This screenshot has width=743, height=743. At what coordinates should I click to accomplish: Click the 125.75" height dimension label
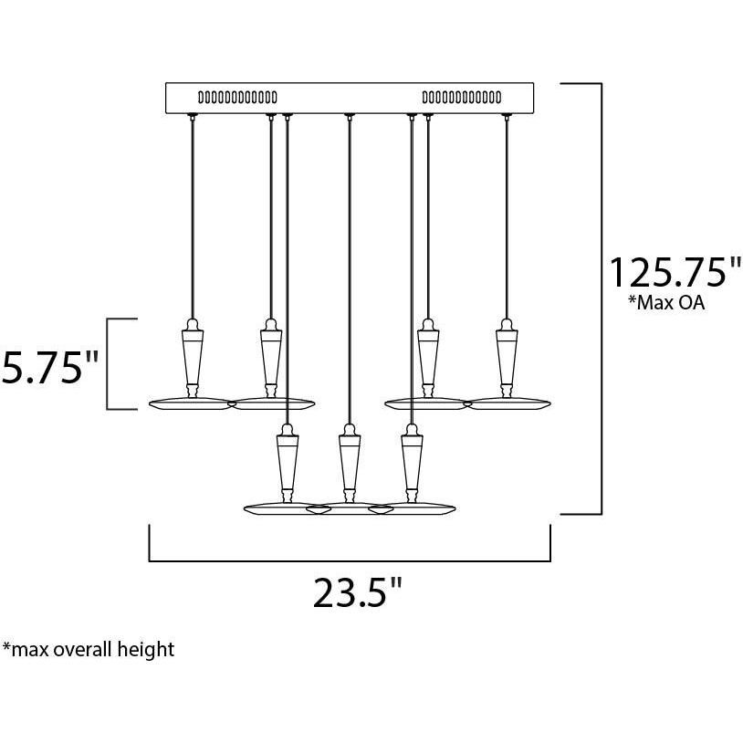tap(675, 272)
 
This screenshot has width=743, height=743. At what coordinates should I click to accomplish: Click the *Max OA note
tap(665, 304)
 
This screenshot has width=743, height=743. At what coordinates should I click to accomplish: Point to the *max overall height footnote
tap(89, 650)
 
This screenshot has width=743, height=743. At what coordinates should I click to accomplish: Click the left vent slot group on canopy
tap(237, 96)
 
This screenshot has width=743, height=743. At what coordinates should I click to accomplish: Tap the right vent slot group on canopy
tap(461, 96)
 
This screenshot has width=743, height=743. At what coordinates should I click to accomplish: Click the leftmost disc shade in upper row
tap(190, 403)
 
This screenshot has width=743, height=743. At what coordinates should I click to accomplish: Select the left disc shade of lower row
tap(278, 508)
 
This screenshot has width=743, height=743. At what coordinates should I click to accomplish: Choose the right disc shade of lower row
tap(418, 508)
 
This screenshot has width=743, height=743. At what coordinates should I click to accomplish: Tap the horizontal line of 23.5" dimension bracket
tap(350, 560)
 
